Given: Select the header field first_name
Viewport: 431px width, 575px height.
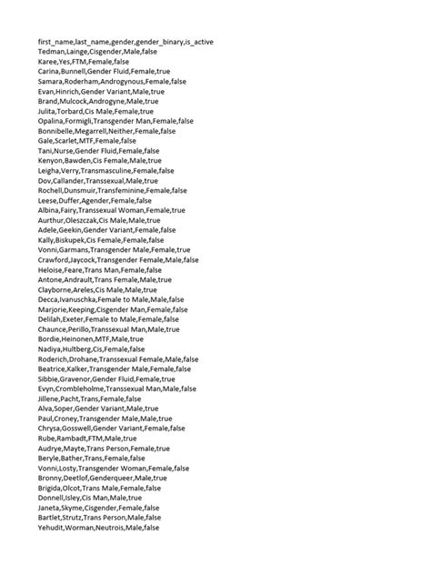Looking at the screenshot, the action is tap(56, 41).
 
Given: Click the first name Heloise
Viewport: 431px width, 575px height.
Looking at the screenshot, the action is tap(52, 270).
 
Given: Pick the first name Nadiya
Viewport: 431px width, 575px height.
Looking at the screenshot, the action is tap(50, 349).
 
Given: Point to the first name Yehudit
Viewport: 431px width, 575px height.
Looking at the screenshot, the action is tap(53, 528).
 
